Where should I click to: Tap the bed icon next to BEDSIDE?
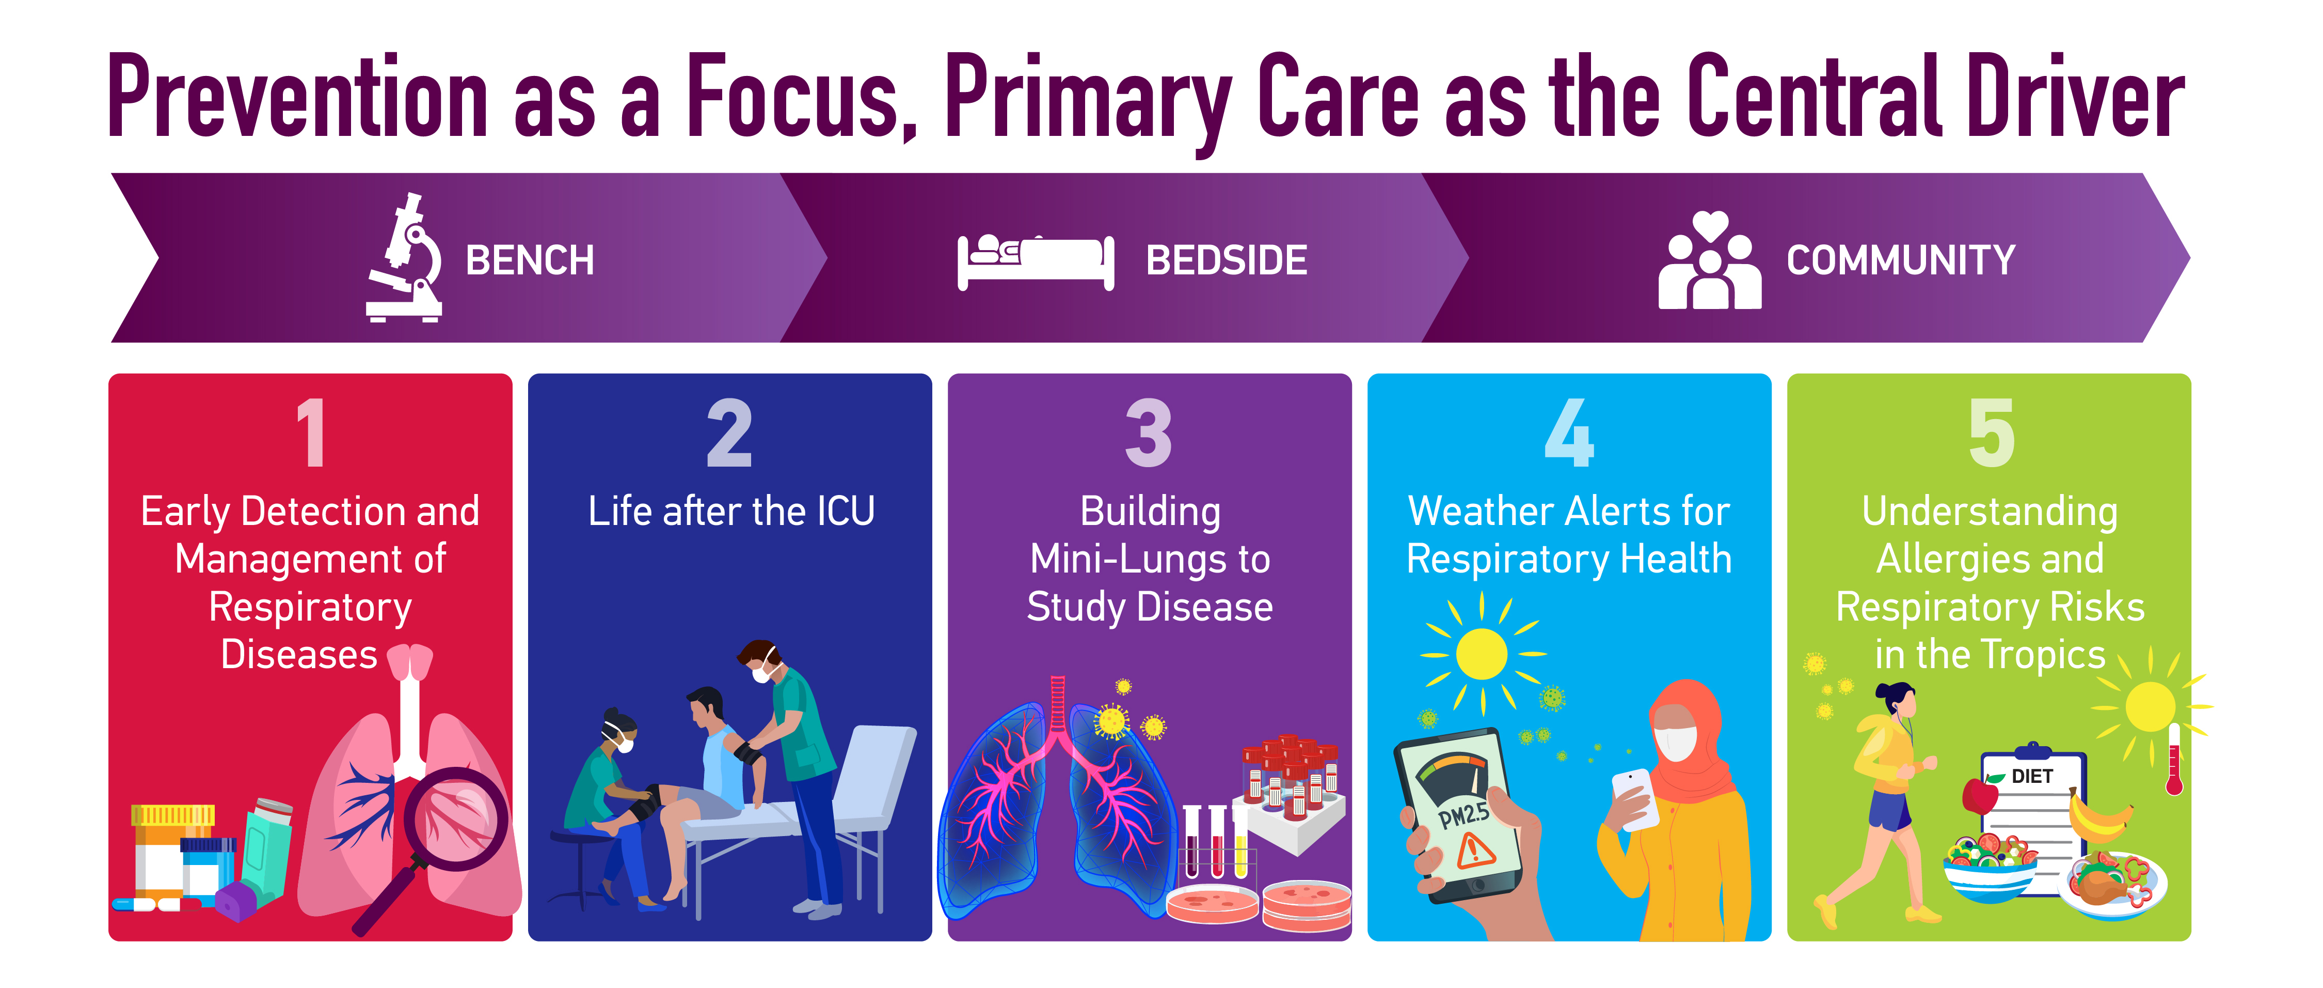coord(1035,261)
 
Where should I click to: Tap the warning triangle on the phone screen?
coord(1475,850)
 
